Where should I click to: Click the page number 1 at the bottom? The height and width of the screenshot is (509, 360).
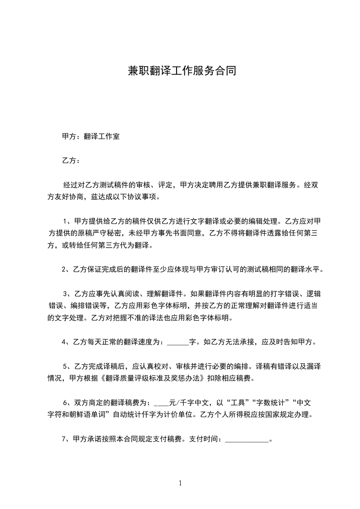click(x=180, y=483)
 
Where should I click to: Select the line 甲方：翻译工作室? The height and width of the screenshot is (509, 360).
click(x=91, y=136)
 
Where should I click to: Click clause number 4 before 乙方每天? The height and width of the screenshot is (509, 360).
click(x=64, y=342)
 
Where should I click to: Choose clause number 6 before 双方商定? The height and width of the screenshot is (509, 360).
click(x=65, y=403)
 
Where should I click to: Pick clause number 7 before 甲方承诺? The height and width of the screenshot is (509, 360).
click(x=64, y=439)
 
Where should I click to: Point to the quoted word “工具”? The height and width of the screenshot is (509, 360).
click(x=243, y=403)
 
